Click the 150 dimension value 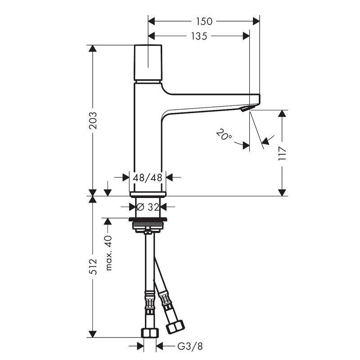pyautogui.click(x=204, y=21)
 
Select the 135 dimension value pyautogui.click(x=199, y=36)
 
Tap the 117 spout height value pyautogui.click(x=282, y=154)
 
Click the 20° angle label pyautogui.click(x=224, y=135)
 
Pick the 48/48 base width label pyautogui.click(x=148, y=177)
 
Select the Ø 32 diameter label pyautogui.click(x=148, y=207)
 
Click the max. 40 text pyautogui.click(x=108, y=253)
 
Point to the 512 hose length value pyautogui.click(x=93, y=266)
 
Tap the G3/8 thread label pyautogui.click(x=190, y=346)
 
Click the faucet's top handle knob pyautogui.click(x=148, y=63)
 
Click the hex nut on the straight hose pyautogui.click(x=150, y=333)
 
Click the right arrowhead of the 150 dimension pyautogui.click(x=256, y=21)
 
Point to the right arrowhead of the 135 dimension pyautogui.click(x=246, y=36)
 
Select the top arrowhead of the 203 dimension pyautogui.click(x=93, y=49)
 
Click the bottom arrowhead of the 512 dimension pyautogui.click(x=93, y=334)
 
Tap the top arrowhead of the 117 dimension pyautogui.click(x=282, y=113)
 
